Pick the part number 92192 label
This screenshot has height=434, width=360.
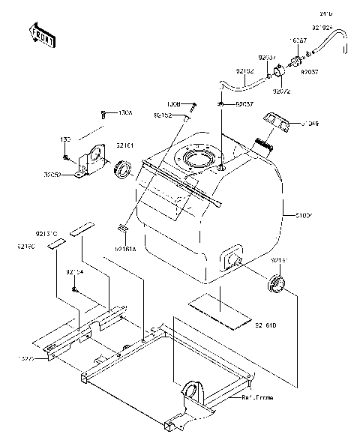tap(245, 72)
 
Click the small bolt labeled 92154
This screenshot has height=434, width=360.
tap(76, 289)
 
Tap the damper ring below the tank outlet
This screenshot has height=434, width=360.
tap(277, 284)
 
